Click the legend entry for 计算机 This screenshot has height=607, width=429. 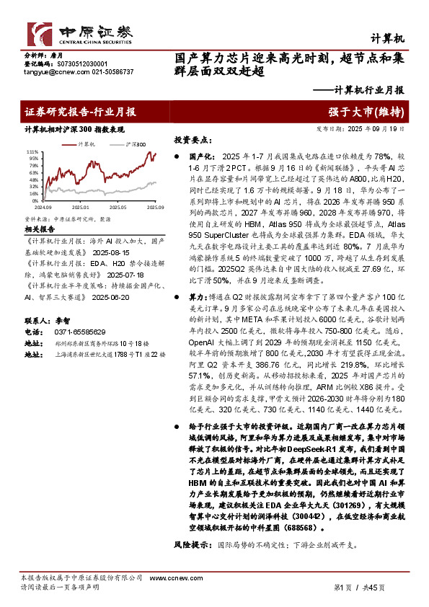(89, 143)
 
